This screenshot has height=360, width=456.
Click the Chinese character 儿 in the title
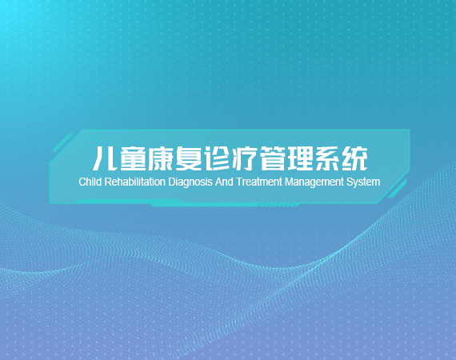point(105,158)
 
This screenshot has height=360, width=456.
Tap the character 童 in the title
point(133,158)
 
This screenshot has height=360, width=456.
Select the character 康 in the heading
point(161,158)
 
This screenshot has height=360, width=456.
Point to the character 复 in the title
point(189,158)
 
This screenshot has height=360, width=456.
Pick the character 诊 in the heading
point(216,158)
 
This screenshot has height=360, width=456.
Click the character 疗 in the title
point(244,158)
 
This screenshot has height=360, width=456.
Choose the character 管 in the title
point(272,158)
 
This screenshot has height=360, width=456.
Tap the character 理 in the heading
point(299,158)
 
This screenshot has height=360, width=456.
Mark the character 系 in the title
point(327,158)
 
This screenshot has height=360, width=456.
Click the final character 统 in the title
point(354,158)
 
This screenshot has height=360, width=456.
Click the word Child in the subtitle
point(90,182)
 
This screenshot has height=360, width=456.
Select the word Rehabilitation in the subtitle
point(134,182)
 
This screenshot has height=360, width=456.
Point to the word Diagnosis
point(190,182)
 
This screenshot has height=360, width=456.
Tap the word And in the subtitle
point(224,182)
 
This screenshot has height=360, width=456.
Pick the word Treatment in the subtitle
point(259,182)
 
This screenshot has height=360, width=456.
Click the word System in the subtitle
point(363,182)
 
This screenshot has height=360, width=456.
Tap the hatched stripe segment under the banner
point(279,206)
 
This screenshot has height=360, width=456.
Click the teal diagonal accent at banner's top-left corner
point(63,142)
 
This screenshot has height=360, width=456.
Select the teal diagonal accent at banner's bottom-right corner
point(397,189)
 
